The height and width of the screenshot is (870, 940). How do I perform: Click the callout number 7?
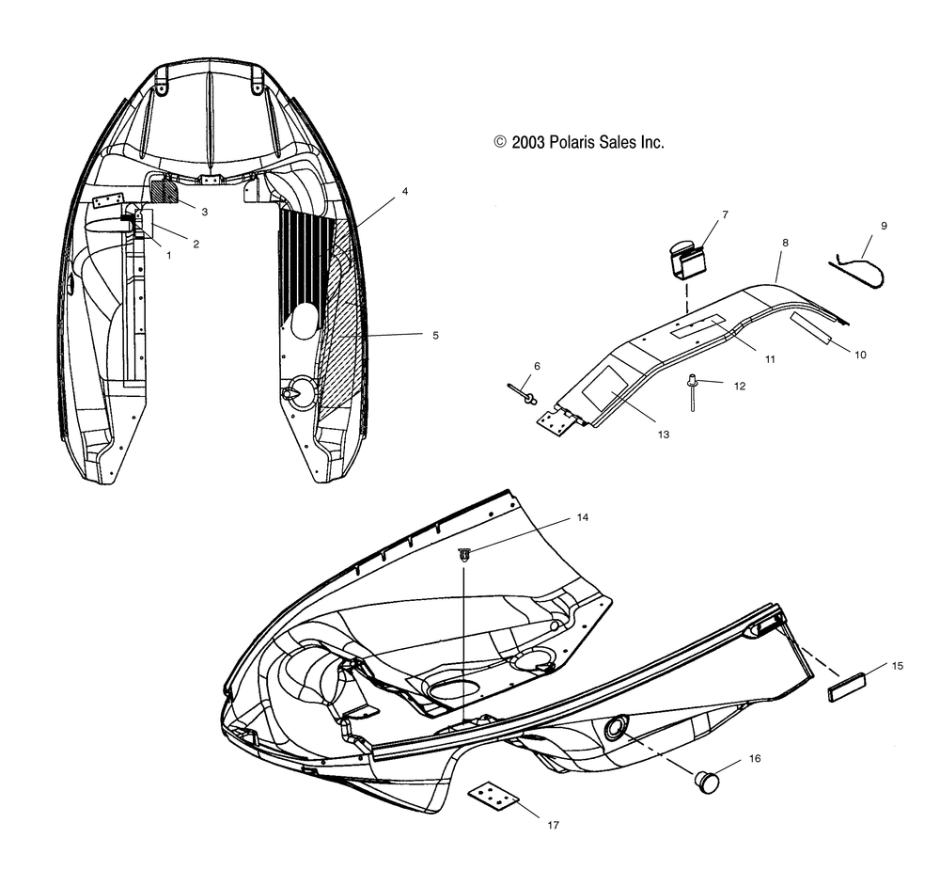pyautogui.click(x=725, y=214)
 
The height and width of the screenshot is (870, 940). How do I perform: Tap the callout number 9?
pyautogui.click(x=884, y=226)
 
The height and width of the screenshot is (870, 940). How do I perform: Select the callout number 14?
pyautogui.click(x=583, y=517)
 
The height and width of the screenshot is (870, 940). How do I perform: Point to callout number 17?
pyautogui.click(x=553, y=825)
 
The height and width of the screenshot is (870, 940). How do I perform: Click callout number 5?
pyautogui.click(x=436, y=336)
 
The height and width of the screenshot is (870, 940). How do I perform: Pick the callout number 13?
pyautogui.click(x=663, y=435)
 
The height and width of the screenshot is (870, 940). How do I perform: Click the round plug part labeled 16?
pyautogui.click(x=706, y=783)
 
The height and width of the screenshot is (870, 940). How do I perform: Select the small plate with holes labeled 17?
pyautogui.click(x=493, y=799)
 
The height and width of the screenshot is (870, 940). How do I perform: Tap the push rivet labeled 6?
pyautogui.click(x=523, y=393)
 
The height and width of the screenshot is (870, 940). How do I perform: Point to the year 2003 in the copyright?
pyautogui.click(x=527, y=142)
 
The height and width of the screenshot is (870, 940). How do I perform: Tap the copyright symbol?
pyautogui.click(x=500, y=142)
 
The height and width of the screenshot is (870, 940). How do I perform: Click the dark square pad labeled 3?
pyautogui.click(x=164, y=192)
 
